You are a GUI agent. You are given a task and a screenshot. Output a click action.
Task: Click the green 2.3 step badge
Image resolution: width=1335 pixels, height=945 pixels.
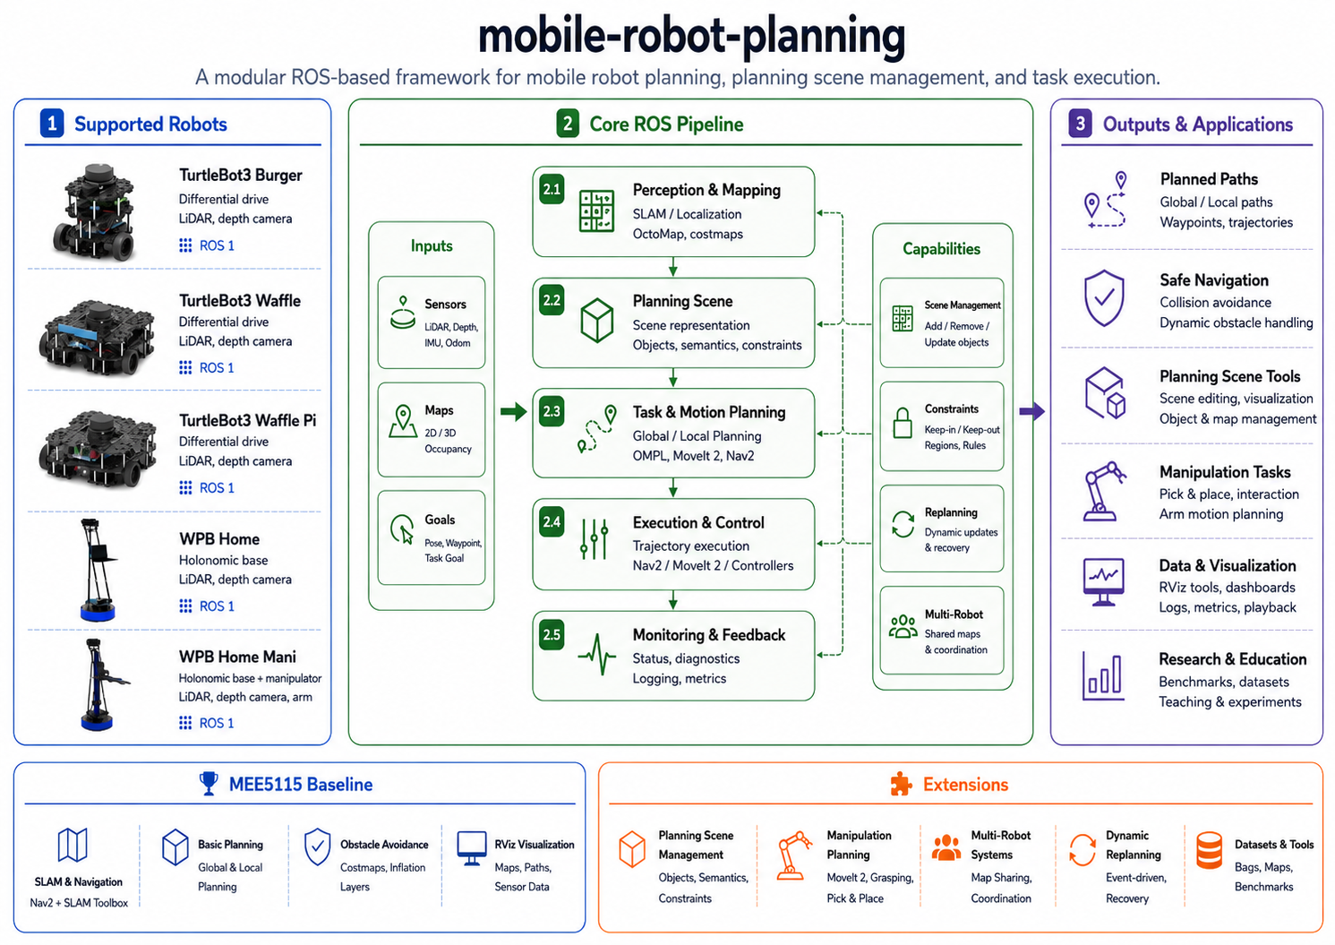coord(552,411)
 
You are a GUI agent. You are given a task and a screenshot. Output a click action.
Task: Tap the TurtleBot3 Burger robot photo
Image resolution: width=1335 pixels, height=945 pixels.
coord(95,211)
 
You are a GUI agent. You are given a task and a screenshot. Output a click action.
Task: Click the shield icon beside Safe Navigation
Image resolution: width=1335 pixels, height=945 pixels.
coord(1104,298)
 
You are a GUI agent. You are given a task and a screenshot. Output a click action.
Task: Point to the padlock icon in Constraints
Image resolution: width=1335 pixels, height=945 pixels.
coord(903,423)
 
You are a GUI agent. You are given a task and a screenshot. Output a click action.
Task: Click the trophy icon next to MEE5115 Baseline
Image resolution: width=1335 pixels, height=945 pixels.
coord(209,784)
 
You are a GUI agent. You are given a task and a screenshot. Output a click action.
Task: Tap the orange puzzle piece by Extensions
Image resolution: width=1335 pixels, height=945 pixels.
coord(901,784)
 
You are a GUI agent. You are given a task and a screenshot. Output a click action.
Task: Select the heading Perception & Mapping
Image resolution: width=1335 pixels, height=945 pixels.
coord(706,190)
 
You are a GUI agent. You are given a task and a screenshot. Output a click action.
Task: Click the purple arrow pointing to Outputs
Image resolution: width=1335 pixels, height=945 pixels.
coord(1031,411)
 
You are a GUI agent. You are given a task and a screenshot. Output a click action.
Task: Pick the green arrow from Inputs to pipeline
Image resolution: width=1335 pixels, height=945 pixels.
coord(513,411)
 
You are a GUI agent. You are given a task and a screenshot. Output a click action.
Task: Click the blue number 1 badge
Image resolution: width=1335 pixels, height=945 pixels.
coord(52,124)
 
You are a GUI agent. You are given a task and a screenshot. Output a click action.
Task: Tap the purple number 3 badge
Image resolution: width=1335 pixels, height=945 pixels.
coord(1080,124)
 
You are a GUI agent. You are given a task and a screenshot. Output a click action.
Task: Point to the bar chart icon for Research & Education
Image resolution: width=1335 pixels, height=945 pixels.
coord(1103,676)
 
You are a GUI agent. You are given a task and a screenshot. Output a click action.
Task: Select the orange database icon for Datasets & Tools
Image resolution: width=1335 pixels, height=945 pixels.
coord(1210,851)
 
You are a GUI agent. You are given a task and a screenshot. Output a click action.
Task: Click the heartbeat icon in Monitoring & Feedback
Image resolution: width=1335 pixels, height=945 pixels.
coord(596,655)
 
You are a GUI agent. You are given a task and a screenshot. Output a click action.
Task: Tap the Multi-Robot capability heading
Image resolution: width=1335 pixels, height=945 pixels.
coord(954,614)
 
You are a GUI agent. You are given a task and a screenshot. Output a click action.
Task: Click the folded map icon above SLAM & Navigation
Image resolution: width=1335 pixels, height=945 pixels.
coord(73,845)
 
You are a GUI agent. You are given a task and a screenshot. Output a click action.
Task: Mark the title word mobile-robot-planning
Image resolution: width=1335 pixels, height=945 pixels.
coord(691,37)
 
